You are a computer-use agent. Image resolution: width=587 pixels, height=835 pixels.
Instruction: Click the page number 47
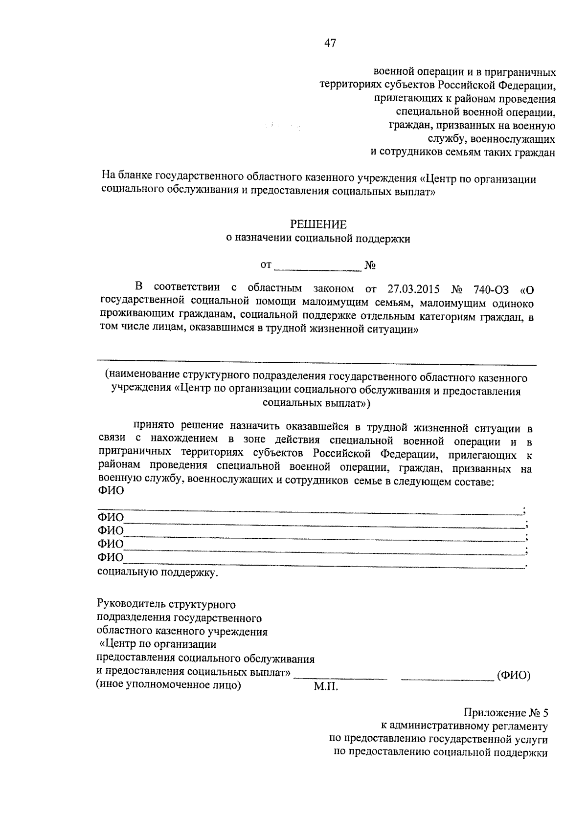click(x=330, y=44)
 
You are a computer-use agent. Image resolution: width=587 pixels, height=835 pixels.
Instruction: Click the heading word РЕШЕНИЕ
click(x=318, y=225)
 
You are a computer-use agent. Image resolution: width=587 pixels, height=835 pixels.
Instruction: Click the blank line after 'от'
click(x=317, y=266)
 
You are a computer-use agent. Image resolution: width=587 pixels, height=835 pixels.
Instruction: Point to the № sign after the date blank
click(x=370, y=266)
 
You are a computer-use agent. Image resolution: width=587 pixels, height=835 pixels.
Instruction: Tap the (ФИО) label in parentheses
click(x=514, y=676)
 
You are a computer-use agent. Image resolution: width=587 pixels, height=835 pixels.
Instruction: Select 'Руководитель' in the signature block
click(x=129, y=605)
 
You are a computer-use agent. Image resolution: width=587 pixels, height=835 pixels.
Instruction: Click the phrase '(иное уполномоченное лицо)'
click(x=169, y=685)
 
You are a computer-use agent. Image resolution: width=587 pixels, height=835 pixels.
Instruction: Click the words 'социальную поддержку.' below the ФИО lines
click(x=158, y=572)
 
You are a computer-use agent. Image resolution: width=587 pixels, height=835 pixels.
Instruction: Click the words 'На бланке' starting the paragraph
click(x=127, y=179)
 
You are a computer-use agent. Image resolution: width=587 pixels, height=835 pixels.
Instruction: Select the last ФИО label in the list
click(x=111, y=557)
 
